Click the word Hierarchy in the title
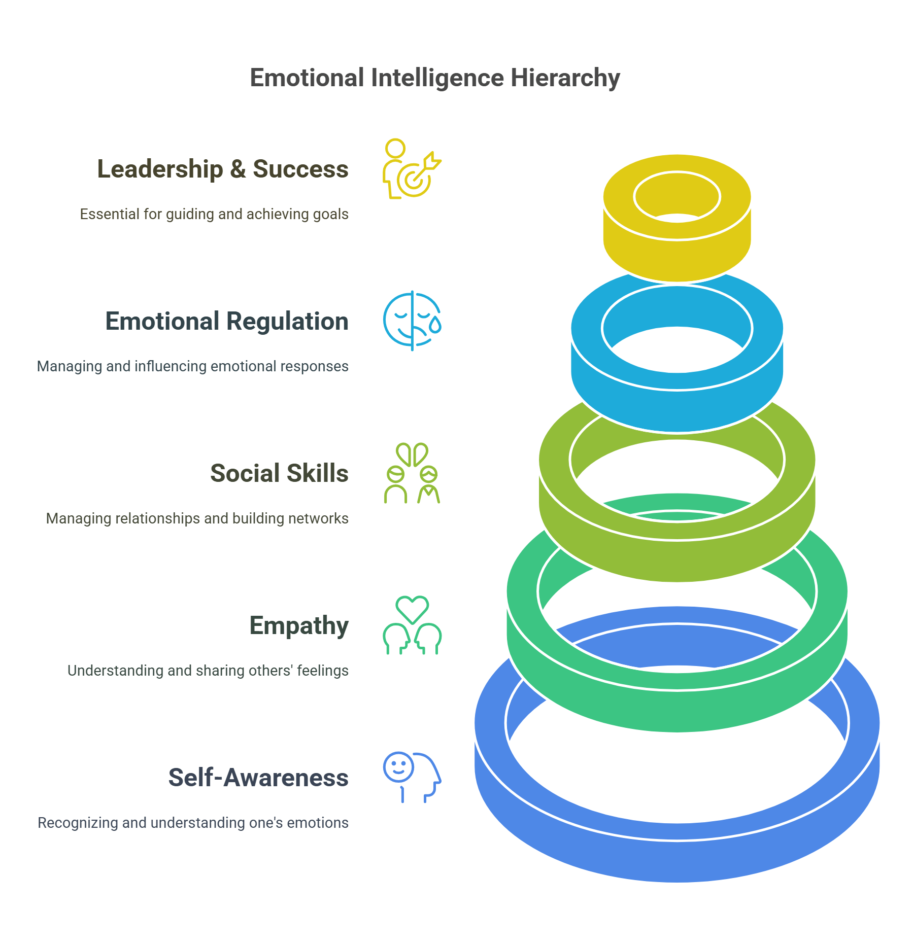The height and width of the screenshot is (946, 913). pos(565,79)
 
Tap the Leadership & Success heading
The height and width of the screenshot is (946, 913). pos(222,169)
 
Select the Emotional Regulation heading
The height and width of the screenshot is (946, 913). pos(226,321)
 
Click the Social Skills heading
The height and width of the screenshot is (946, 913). pos(279,473)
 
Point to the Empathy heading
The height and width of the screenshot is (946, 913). pos(298,625)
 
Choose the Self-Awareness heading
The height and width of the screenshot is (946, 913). pos(258,778)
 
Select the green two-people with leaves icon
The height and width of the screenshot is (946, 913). pos(412,473)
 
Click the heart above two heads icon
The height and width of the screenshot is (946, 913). pos(412,625)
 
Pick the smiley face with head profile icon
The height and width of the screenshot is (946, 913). pos(412,777)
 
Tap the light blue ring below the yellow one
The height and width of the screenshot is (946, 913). pos(677,406)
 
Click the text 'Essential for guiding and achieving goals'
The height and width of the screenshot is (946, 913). pos(214,214)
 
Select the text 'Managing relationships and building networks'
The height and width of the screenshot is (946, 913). pos(197,518)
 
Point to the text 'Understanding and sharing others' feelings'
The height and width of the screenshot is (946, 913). pos(208,671)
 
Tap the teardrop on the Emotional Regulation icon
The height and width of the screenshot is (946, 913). pos(435,325)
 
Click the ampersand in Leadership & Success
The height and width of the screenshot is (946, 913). pos(238,169)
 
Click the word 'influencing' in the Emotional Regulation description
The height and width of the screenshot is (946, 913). pos(171,366)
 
